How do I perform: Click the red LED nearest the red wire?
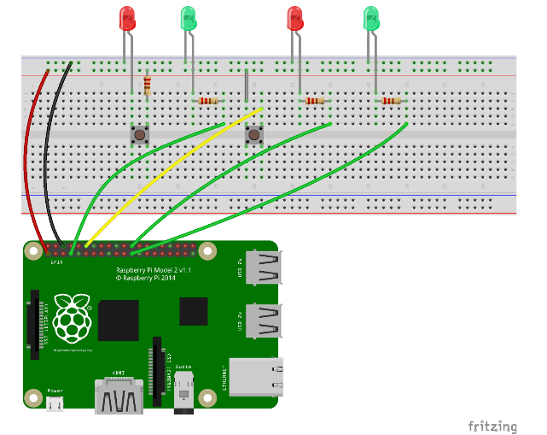click(x=127, y=19)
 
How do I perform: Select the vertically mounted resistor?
click(x=148, y=85)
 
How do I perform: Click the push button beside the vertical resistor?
click(x=139, y=135)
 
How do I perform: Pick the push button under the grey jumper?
click(x=253, y=135)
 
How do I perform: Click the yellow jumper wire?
click(x=171, y=176)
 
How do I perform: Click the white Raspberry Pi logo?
click(x=73, y=318)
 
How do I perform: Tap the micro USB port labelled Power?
click(x=55, y=403)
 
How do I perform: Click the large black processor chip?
click(x=119, y=321)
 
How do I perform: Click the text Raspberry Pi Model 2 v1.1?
click(x=153, y=269)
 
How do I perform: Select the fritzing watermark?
click(x=492, y=426)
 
